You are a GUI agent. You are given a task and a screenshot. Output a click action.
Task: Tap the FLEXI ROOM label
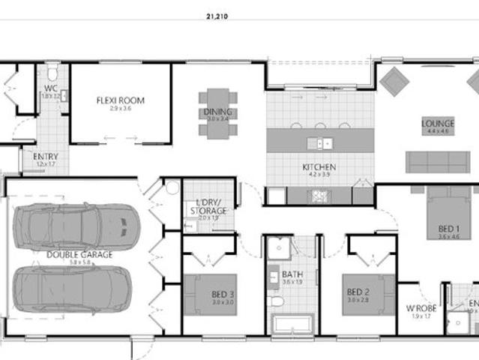click(x=120, y=100)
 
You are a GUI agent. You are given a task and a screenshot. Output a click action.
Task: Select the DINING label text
click(x=217, y=112)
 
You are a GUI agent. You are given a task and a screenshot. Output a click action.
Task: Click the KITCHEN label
click(x=319, y=167)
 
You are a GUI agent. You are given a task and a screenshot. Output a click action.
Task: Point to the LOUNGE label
click(x=438, y=124)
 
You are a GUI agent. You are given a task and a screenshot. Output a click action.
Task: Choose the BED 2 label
click(x=358, y=291)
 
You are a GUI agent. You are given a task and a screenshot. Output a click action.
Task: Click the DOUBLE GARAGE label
click(x=79, y=254)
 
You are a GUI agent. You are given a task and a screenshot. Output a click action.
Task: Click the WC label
click(x=51, y=88)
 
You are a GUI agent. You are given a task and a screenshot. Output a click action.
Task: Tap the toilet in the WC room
click(x=52, y=73)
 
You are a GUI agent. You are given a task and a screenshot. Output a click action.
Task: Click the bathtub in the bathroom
click(x=292, y=325)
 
